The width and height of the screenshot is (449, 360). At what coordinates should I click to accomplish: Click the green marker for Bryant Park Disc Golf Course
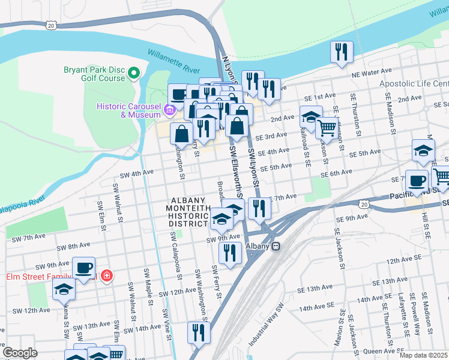(x=134, y=74)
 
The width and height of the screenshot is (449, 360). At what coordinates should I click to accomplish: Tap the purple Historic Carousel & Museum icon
(x=170, y=110)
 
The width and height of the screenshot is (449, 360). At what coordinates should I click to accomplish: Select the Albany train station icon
(x=276, y=246)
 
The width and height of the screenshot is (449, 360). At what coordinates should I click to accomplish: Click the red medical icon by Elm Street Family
(x=106, y=276)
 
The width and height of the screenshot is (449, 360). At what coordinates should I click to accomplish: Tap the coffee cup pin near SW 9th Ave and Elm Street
(x=83, y=268)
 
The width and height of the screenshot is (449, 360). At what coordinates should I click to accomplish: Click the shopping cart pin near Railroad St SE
(x=326, y=127)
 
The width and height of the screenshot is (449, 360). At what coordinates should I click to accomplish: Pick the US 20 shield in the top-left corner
(x=51, y=25)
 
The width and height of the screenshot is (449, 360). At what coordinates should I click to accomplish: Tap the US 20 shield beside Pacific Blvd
(x=364, y=205)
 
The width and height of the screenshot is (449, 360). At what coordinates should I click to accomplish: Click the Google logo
(x=20, y=352)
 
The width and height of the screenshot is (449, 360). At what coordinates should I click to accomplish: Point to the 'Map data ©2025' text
(x=423, y=355)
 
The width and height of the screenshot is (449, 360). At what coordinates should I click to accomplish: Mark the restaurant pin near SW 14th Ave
(x=197, y=332)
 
